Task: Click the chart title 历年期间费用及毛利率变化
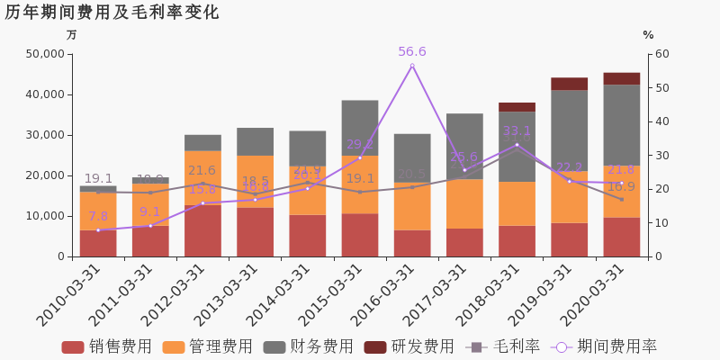tap(112, 13)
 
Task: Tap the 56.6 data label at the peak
tap(412, 52)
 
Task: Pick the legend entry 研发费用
tap(409, 346)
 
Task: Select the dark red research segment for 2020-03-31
tap(622, 78)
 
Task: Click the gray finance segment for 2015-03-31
tap(359, 128)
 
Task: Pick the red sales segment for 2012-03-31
tap(202, 231)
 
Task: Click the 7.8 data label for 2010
tap(98, 217)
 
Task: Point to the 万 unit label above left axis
tap(72, 35)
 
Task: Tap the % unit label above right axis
tap(648, 35)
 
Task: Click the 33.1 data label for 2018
tap(517, 131)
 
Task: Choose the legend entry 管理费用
tap(209, 346)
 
